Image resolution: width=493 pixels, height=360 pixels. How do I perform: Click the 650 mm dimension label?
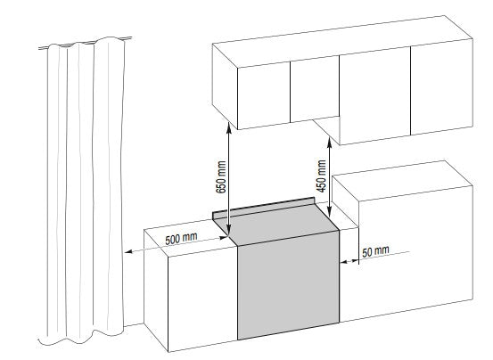coord(221,177)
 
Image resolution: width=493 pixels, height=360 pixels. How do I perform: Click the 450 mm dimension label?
coord(321,176)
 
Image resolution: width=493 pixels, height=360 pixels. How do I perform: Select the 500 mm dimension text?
coord(181,239)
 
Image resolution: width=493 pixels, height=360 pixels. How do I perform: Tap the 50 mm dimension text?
coord(375,251)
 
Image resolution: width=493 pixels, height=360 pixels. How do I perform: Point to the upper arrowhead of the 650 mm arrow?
coord(228,127)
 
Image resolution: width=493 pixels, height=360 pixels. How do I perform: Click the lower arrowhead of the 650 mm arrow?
coord(228,231)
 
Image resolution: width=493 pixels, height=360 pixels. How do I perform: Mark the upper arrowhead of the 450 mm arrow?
coord(329,141)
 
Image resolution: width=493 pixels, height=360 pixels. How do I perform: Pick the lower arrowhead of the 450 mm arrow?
coord(329,213)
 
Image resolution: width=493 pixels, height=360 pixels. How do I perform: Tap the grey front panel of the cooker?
coord(288,285)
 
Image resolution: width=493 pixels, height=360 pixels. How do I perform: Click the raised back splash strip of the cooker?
coord(264,208)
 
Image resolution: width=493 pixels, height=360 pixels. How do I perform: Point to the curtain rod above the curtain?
coord(85,44)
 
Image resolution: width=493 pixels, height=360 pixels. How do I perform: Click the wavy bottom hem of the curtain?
coord(80,339)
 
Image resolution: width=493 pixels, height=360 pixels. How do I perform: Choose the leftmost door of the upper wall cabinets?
coord(264,95)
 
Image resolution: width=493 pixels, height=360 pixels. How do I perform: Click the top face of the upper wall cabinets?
coord(342,41)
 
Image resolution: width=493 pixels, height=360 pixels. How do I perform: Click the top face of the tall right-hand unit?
coord(402,181)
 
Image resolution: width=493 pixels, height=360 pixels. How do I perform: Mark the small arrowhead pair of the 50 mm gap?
coord(349,261)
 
